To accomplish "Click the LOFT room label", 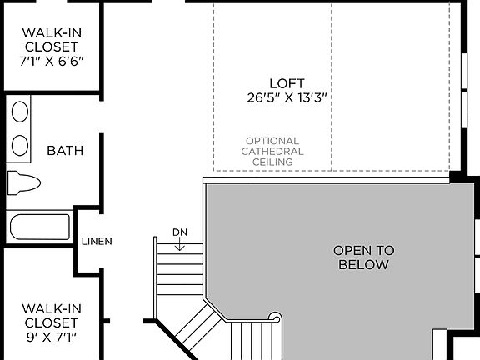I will point(287,83).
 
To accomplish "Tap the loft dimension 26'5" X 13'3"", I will point(287,97).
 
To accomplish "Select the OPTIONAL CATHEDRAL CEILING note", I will point(272,152).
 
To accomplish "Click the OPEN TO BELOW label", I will point(363,257).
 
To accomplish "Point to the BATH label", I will point(65,151).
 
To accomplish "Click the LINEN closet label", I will point(97,242).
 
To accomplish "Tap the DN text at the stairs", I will point(180,232).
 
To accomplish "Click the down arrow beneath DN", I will point(180,244).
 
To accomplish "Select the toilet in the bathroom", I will point(23,182).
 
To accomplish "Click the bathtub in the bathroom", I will point(39,227).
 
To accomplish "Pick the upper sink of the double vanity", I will point(20,112).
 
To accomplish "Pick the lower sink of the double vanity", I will point(20,146).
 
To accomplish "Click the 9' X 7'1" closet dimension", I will point(52,337).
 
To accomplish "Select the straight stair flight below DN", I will point(180,271).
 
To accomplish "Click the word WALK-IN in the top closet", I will point(52,33).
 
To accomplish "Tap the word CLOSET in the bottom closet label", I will point(52,322).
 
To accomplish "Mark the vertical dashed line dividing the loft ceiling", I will point(332,83).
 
